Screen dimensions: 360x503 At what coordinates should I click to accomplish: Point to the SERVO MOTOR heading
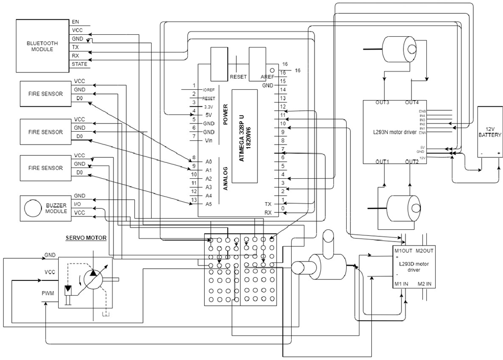(x=85, y=238)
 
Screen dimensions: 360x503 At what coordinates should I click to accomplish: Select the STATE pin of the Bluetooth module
(x=79, y=64)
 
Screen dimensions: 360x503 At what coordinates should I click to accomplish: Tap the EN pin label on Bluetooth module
(x=76, y=22)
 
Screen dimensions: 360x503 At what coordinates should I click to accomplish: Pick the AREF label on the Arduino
(x=268, y=77)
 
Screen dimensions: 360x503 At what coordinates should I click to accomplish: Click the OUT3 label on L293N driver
(x=382, y=103)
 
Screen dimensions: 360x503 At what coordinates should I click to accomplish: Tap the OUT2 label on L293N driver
(x=412, y=162)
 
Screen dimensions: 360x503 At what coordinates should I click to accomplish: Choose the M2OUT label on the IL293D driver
(x=424, y=251)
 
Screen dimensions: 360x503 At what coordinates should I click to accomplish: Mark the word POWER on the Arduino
(x=225, y=115)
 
